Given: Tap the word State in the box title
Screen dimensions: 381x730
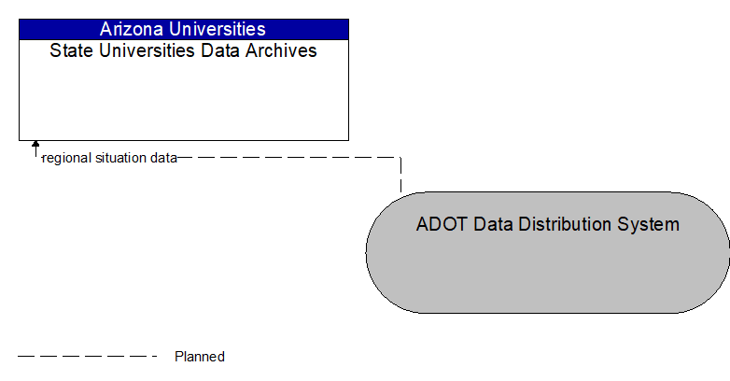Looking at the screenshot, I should click(x=70, y=50).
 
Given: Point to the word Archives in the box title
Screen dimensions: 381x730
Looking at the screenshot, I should click(x=281, y=50).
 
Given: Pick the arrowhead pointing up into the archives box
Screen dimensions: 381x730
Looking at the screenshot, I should click(x=35, y=146).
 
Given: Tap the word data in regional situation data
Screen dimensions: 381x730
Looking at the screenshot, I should click(x=164, y=158).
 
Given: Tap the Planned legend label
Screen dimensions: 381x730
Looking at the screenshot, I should click(x=200, y=356).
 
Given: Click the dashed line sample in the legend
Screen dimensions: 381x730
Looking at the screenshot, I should click(x=88, y=356).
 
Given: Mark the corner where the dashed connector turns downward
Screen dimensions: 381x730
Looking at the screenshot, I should click(x=400, y=158).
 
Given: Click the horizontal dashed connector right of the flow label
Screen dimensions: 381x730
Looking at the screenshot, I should click(x=289, y=158).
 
